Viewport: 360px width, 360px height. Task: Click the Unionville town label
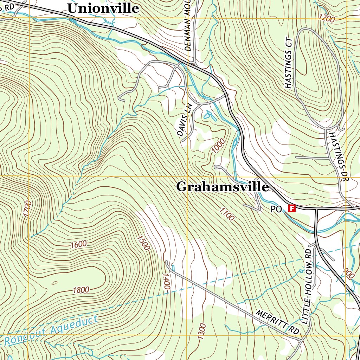click(x=103, y=8)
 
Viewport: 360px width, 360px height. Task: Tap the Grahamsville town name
click(x=222, y=187)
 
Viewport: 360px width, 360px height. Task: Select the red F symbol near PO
click(x=291, y=208)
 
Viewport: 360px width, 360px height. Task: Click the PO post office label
click(x=276, y=209)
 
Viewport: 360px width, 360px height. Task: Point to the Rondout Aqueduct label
click(x=51, y=330)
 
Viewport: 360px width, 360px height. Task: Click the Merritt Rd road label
click(x=277, y=322)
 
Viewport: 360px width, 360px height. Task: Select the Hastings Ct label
click(x=289, y=62)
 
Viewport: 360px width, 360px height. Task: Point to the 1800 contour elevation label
click(x=81, y=290)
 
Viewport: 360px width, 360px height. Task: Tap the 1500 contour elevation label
click(x=143, y=243)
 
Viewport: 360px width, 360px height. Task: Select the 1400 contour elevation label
click(x=166, y=282)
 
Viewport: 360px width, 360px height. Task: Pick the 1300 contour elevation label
click(x=201, y=331)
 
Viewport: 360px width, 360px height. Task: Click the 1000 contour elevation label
click(x=218, y=146)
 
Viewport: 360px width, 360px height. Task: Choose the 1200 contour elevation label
click(x=327, y=19)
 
